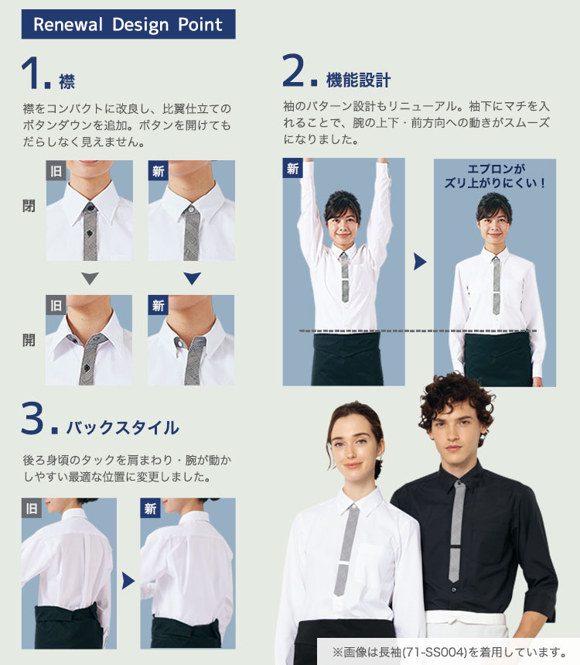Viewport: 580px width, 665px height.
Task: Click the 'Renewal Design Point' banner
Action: (x=128, y=24)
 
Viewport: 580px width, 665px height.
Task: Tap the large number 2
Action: (x=298, y=72)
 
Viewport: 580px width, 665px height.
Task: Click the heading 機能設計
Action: (x=358, y=80)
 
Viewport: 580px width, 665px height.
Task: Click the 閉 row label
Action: (x=29, y=207)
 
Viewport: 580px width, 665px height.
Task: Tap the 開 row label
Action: (x=29, y=339)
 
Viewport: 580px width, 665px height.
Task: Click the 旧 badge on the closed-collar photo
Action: (x=56, y=171)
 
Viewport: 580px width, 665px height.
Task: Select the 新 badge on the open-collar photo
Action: (x=159, y=306)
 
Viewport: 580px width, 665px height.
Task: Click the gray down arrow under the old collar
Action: (x=90, y=279)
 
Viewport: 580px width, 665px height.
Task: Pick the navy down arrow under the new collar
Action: (x=192, y=279)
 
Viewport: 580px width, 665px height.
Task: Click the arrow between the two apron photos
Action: (x=419, y=262)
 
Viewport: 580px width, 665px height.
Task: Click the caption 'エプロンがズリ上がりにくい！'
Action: (x=496, y=177)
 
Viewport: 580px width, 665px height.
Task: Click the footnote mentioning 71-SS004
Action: (x=449, y=652)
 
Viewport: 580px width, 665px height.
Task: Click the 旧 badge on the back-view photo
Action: (x=32, y=509)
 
